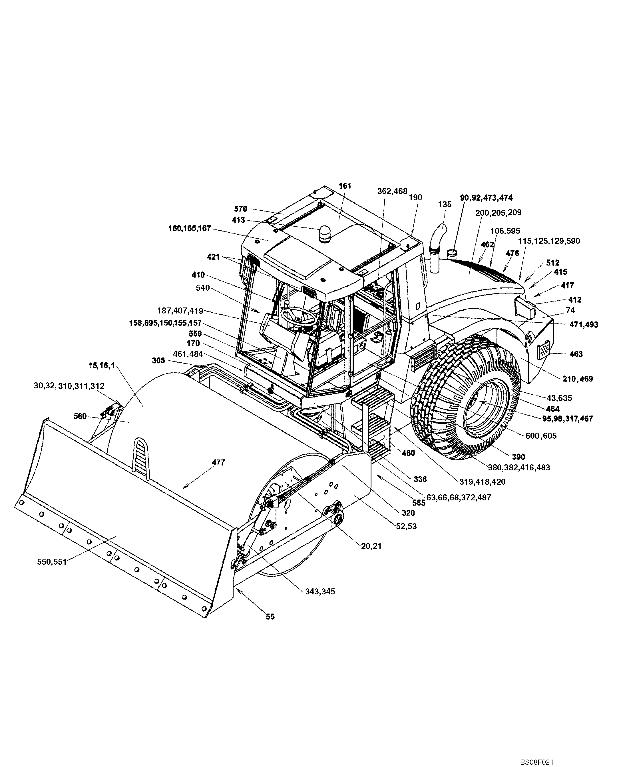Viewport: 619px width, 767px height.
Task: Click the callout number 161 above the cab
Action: [x=345, y=186]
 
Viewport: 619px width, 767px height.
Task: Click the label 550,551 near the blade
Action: [x=52, y=562]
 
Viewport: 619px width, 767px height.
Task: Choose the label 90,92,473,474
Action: [x=486, y=198]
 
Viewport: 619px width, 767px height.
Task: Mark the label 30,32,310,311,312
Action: [x=69, y=386]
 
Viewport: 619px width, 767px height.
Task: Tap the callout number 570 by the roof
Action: [x=241, y=209]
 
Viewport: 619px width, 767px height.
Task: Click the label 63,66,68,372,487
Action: [x=459, y=497]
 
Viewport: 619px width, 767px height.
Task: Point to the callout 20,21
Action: [x=371, y=546]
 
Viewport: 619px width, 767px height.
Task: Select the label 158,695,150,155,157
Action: [x=165, y=323]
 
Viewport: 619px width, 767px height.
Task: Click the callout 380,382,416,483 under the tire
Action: [x=519, y=467]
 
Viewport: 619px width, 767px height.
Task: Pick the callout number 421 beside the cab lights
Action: [x=214, y=257]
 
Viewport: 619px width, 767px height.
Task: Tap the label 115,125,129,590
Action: [x=549, y=241]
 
